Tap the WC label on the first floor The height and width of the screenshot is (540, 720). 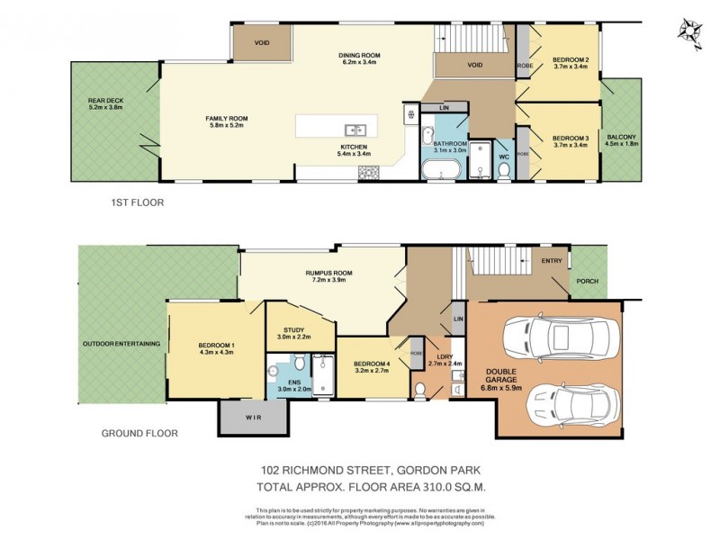point(504,157)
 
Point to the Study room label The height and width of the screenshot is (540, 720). point(295,330)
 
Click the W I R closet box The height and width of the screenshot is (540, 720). point(254,417)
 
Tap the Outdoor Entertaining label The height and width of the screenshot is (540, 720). point(121,343)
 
